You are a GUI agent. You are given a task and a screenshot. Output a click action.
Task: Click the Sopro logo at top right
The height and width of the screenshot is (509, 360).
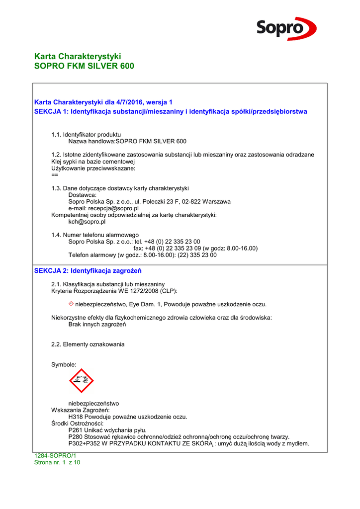[x=286, y=28]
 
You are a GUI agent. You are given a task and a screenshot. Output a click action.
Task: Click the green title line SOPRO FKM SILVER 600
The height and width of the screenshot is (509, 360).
[x=84, y=66]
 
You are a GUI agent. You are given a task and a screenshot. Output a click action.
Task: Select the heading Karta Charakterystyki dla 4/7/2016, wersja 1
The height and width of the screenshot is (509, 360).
[x=103, y=102]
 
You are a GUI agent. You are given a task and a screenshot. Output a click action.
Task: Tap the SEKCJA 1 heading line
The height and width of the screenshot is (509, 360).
[x=170, y=111]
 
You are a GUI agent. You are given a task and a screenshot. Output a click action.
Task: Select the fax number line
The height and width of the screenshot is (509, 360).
[x=195, y=248]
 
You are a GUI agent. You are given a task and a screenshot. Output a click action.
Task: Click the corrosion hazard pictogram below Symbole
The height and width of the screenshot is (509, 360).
[x=82, y=381]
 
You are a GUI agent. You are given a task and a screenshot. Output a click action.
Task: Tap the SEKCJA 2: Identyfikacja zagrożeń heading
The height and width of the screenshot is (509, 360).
[x=88, y=271]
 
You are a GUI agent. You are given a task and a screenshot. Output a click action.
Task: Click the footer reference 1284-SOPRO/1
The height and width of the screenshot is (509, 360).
[x=55, y=456]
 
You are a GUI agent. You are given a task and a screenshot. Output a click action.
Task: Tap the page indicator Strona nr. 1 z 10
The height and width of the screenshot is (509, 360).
[x=57, y=462]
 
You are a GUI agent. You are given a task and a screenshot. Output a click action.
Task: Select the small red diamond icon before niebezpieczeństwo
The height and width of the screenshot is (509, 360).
[x=71, y=304]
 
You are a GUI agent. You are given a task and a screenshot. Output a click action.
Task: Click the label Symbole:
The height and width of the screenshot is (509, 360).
[x=64, y=365]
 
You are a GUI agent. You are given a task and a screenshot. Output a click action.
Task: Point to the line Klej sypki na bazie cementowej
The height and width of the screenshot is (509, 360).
[x=93, y=162]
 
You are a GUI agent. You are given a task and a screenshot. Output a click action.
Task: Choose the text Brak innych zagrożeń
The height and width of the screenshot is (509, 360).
[x=97, y=325]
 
